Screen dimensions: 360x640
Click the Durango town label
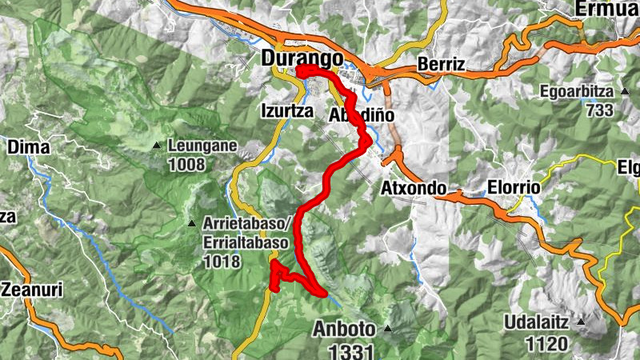(x=302, y=59)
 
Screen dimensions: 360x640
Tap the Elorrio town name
(x=513, y=188)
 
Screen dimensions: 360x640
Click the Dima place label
(x=29, y=146)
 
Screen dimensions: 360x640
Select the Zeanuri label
(x=31, y=289)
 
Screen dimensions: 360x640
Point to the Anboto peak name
(x=343, y=329)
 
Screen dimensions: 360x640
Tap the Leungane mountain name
(x=198, y=146)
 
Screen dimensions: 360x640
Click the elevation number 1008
(x=187, y=165)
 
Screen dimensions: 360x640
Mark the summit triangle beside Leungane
(x=157, y=145)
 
